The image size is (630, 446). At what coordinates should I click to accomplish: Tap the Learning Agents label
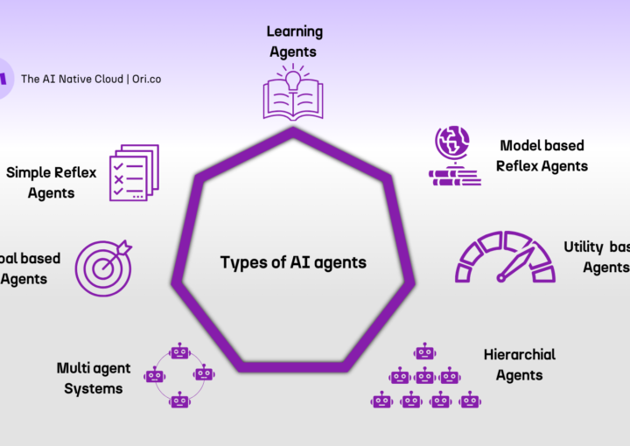(295, 41)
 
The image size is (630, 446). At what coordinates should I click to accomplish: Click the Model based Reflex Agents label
(542, 155)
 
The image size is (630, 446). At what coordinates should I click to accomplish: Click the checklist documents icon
(134, 172)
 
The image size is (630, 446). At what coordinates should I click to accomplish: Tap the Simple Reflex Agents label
(51, 182)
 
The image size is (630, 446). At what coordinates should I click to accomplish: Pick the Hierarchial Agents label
(520, 365)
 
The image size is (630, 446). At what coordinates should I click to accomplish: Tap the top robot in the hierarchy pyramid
(424, 352)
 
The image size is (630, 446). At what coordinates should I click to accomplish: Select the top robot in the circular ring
(179, 352)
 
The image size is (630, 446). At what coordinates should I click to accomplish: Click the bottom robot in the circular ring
(179, 401)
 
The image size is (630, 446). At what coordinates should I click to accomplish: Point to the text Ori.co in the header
(143, 79)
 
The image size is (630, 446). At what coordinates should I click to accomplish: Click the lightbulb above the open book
(294, 79)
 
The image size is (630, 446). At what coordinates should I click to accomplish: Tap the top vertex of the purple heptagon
(293, 131)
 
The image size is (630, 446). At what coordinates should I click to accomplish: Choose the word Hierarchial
(520, 354)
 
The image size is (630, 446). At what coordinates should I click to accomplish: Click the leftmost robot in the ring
(155, 376)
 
